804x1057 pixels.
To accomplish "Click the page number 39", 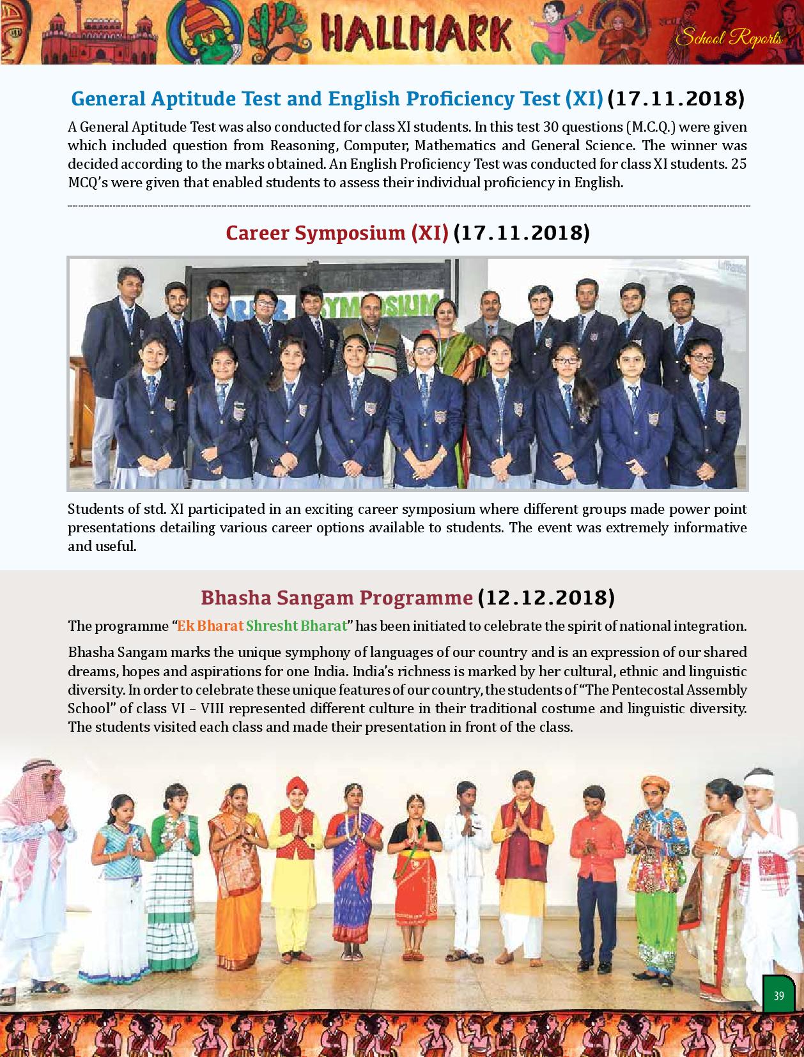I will (x=778, y=996).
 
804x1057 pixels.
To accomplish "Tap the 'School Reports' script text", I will (x=729, y=38).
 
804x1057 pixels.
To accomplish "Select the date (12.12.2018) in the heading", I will (x=546, y=597).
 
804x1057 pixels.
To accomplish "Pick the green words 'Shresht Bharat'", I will (x=296, y=625).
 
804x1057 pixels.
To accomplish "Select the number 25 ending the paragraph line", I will (x=738, y=164).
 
